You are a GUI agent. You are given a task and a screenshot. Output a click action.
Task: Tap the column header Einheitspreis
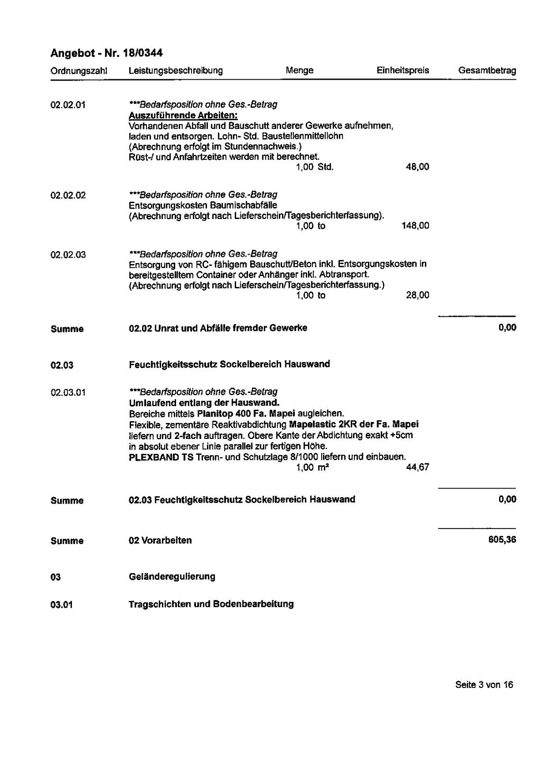pos(403,71)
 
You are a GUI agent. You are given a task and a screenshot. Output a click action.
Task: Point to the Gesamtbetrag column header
pos(487,71)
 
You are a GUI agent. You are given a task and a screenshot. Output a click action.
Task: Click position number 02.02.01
pos(68,105)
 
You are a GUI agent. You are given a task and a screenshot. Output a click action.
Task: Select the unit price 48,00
pos(417,167)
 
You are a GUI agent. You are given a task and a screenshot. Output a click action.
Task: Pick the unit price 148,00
pos(415,226)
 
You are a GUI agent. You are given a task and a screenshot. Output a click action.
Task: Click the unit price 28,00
pos(417,295)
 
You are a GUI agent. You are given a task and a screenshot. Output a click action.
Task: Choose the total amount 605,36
pos(502,540)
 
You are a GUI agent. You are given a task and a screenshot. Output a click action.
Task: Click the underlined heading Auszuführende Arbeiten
pos(183,115)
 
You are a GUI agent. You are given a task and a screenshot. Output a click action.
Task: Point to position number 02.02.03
pos(68,255)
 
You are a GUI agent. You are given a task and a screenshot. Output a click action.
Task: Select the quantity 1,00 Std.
pos(314,167)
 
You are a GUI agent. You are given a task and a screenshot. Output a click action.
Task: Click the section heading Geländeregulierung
pos(172,577)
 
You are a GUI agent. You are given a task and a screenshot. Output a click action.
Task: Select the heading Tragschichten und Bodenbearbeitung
pos(211,604)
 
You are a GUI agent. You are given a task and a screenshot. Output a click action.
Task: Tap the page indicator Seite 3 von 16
pos(484,685)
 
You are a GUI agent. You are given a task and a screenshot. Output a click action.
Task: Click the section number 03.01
pos(62,605)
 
